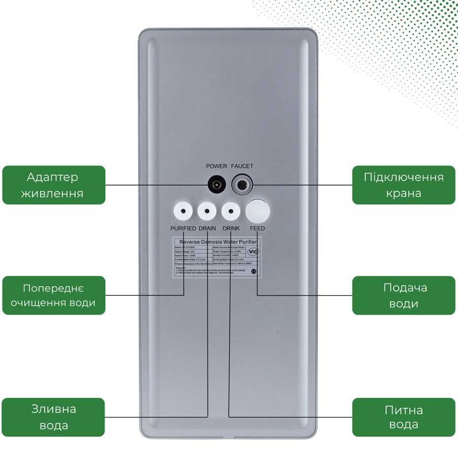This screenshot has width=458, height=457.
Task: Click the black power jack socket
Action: (217, 185)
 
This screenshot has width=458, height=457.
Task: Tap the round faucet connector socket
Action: (242, 185)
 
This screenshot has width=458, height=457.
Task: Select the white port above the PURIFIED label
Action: (183, 211)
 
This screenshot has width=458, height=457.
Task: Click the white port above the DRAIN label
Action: (207, 211)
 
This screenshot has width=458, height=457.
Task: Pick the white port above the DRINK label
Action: (231, 211)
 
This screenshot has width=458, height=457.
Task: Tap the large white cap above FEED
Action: (258, 211)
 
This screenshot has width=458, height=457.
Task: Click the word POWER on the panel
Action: (217, 166)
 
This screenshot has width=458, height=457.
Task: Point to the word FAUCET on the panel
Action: (242, 166)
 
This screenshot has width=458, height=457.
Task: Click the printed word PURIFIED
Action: (183, 229)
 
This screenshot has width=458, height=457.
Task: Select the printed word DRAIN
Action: (207, 229)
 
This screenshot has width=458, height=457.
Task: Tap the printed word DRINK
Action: (231, 229)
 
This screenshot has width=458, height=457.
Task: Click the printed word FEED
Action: (257, 229)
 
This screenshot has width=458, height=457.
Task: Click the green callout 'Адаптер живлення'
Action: (54, 185)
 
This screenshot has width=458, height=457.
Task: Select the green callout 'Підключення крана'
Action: (403, 185)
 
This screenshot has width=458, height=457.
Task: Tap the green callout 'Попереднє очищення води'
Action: (54, 295)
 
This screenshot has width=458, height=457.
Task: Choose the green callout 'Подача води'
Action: (403, 295)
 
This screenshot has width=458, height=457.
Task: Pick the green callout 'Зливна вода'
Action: (53, 417)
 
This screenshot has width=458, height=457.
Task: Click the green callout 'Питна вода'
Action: (403, 417)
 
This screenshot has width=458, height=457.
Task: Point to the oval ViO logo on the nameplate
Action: (253, 251)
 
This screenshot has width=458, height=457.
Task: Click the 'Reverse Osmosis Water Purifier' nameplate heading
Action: (218, 242)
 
